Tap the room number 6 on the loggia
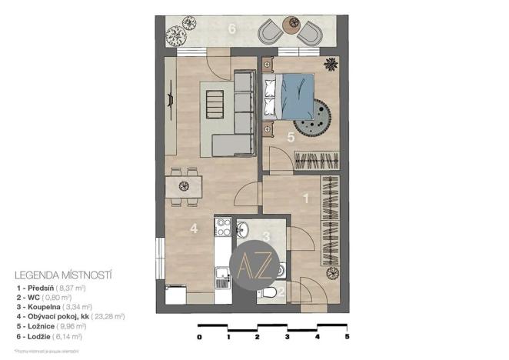[231, 30]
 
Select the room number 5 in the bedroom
[290, 138]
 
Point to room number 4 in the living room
[195, 228]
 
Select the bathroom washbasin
[243, 228]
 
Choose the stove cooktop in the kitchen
[224, 227]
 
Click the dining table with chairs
[184, 185]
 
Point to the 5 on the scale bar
[348, 337]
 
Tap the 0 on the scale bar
[199, 337]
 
